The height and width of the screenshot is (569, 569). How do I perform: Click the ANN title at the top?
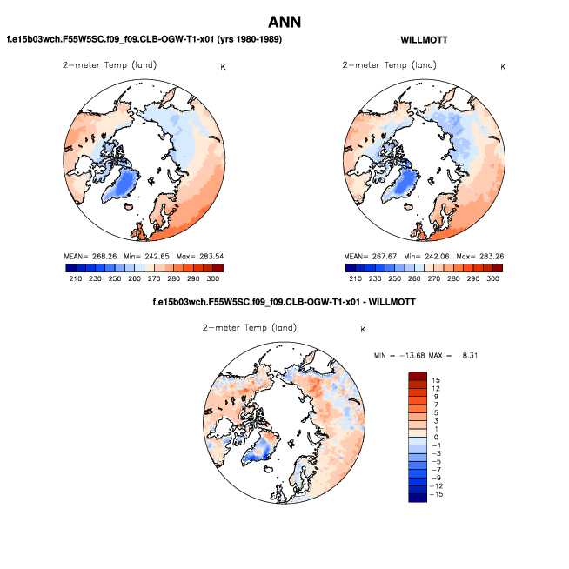click(284, 22)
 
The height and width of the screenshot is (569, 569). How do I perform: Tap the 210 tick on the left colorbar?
click(75, 278)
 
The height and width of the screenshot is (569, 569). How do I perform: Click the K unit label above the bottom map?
click(363, 330)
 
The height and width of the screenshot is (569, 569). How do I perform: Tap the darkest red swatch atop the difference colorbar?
click(418, 375)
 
